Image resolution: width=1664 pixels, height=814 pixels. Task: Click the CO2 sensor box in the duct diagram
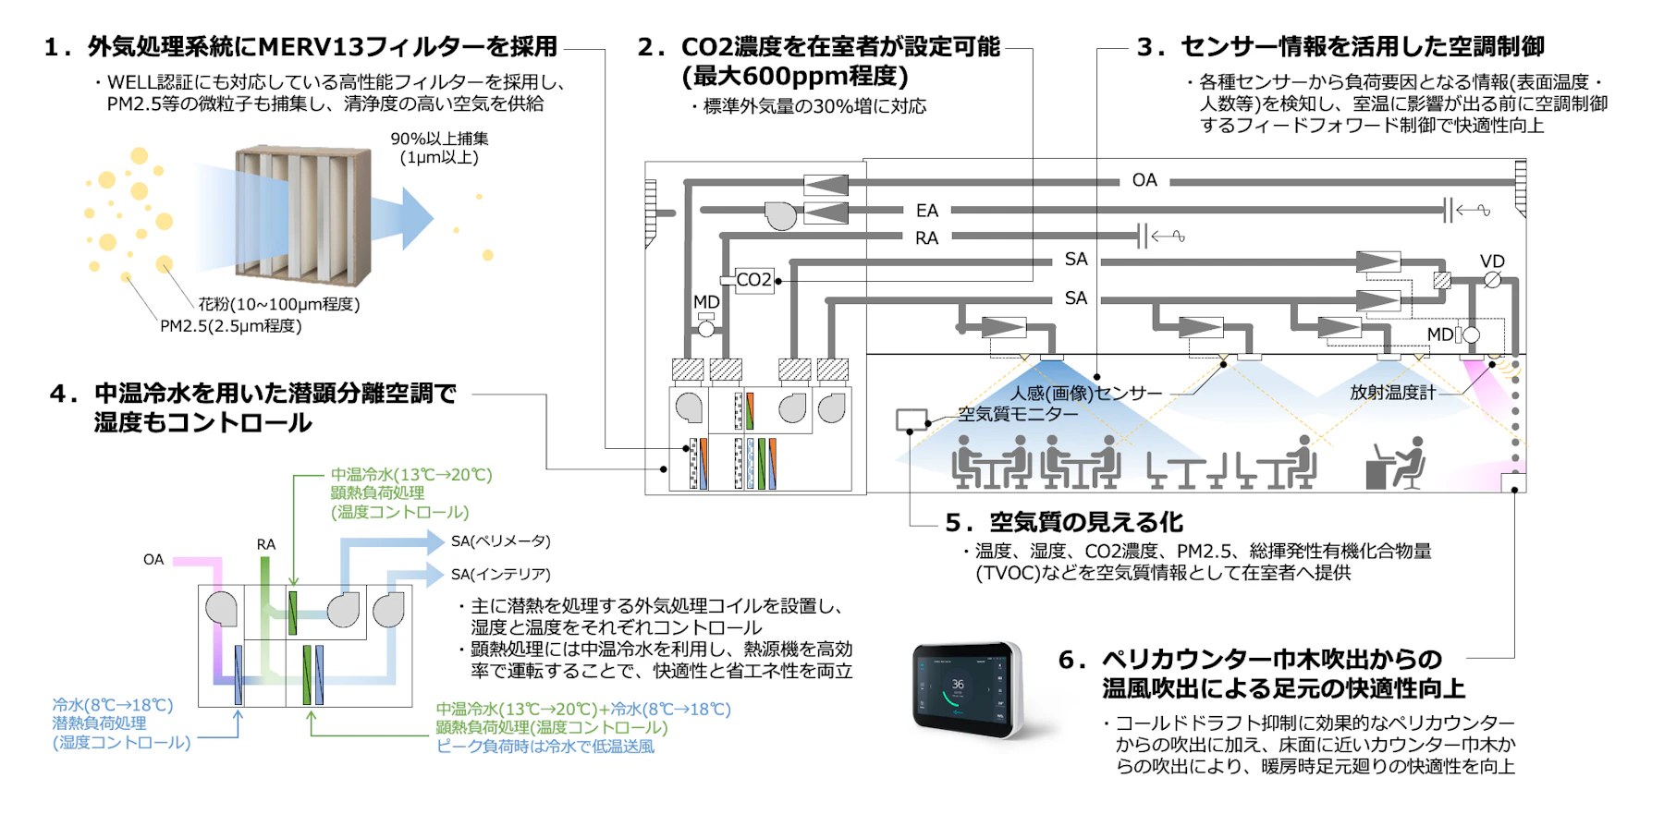tap(753, 280)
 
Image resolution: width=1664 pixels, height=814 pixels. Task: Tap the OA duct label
tap(1144, 180)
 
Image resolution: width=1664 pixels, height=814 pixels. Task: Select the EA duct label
tap(926, 211)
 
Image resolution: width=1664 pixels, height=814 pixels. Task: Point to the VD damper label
tap(1492, 261)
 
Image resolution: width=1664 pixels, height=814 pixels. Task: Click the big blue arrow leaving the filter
tap(410, 219)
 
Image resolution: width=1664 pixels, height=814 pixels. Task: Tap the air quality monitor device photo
tap(967, 688)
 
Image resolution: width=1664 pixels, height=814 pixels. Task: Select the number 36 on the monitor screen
tap(958, 685)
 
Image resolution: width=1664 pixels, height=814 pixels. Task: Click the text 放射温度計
tap(1392, 393)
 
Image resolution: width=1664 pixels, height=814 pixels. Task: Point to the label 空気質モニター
tap(1018, 415)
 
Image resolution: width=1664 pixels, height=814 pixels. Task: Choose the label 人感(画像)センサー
tap(1085, 394)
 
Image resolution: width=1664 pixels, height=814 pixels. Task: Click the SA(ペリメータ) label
tap(500, 541)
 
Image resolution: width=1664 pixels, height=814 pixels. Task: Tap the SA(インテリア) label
tap(500, 575)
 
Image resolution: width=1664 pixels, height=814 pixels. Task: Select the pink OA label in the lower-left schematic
tap(153, 560)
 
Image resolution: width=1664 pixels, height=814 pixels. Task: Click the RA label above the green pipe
tap(266, 545)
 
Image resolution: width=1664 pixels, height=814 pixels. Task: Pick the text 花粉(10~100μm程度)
tap(279, 304)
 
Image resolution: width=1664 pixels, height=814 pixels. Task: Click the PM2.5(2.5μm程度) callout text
tap(231, 326)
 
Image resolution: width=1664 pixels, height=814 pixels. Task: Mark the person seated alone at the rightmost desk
tap(1401, 465)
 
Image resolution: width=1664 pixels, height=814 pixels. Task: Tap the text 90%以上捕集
tap(439, 139)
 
